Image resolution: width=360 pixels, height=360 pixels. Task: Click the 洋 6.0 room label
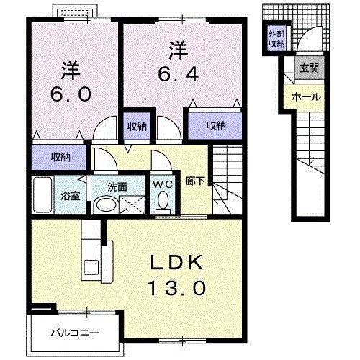pyautogui.click(x=71, y=84)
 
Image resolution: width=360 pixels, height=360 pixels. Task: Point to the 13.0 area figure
pyautogui.click(x=177, y=287)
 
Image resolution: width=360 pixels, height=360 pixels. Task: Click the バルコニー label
pyautogui.click(x=75, y=333)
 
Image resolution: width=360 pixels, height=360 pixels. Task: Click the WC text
pyautogui.click(x=161, y=183)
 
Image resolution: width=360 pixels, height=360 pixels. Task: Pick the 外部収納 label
pyautogui.click(x=277, y=40)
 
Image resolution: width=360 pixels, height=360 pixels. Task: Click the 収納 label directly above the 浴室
pyautogui.click(x=60, y=156)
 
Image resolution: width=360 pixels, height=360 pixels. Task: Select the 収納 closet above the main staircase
pyautogui.click(x=215, y=126)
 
